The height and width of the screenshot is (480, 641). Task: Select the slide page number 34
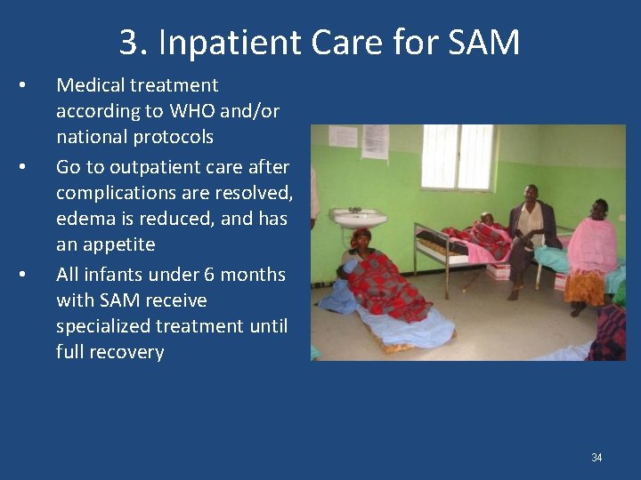(x=596, y=458)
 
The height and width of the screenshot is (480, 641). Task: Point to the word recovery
(x=129, y=352)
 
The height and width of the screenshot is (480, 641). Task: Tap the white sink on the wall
(x=358, y=216)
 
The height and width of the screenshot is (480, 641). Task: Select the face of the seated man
(x=531, y=192)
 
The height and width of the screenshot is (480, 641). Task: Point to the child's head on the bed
(x=485, y=219)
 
